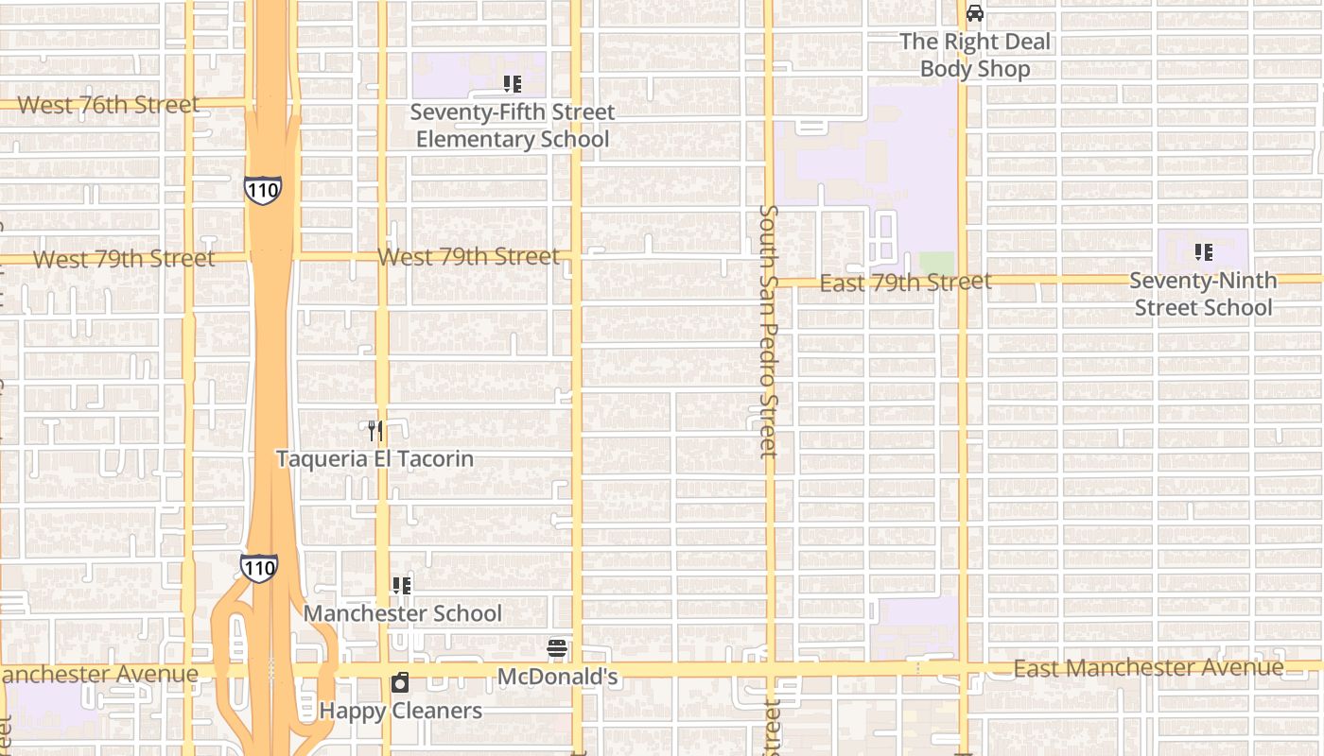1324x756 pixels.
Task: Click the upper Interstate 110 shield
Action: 262,189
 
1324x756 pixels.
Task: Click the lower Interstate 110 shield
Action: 258,567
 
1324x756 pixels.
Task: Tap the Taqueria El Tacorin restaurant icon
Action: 375,431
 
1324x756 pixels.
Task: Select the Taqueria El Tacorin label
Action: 375,458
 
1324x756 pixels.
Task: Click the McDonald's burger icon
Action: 557,648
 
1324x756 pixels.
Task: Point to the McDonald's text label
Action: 557,677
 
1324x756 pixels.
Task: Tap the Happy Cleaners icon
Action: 400,682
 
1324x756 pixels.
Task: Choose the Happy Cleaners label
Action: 400,711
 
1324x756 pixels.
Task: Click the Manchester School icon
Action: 402,586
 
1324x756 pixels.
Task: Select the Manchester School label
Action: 402,613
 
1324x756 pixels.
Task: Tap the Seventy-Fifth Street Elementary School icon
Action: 512,84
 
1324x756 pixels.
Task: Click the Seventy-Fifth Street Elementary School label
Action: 512,126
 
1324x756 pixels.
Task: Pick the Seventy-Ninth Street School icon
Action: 1203,252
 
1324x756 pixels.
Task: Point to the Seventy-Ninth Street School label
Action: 1203,294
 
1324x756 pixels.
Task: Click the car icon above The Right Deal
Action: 975,13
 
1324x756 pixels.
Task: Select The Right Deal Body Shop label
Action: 975,55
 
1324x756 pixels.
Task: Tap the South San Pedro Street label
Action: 769,331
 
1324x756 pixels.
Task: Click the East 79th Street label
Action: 905,282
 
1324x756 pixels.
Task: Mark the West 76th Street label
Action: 108,105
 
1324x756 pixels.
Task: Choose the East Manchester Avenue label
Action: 1148,668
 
